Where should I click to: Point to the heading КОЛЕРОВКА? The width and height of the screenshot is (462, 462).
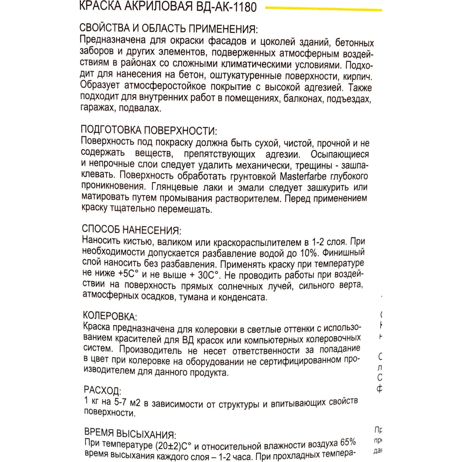tap(109, 316)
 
